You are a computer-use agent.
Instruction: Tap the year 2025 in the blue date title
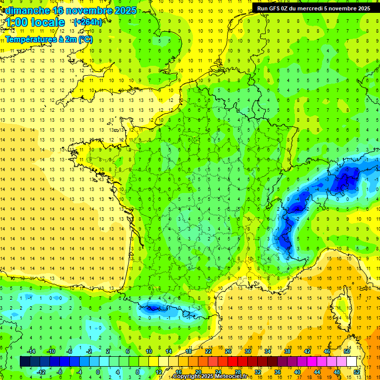click(125, 10)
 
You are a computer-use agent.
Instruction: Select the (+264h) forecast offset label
click(88, 22)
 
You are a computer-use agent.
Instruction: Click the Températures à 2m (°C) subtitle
click(48, 39)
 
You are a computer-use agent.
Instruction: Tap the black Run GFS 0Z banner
click(313, 8)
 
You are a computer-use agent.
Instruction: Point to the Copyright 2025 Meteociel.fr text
click(210, 377)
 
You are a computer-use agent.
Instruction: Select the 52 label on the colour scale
click(357, 372)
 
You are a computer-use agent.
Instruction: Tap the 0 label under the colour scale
click(98, 372)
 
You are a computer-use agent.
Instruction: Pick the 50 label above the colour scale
click(347, 351)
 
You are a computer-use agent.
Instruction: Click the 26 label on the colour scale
click(228, 351)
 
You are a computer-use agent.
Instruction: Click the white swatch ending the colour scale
click(352, 361)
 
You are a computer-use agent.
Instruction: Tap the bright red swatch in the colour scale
click(233, 361)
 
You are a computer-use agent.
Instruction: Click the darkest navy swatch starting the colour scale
click(25, 361)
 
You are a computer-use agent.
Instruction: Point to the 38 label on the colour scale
click(287, 351)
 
